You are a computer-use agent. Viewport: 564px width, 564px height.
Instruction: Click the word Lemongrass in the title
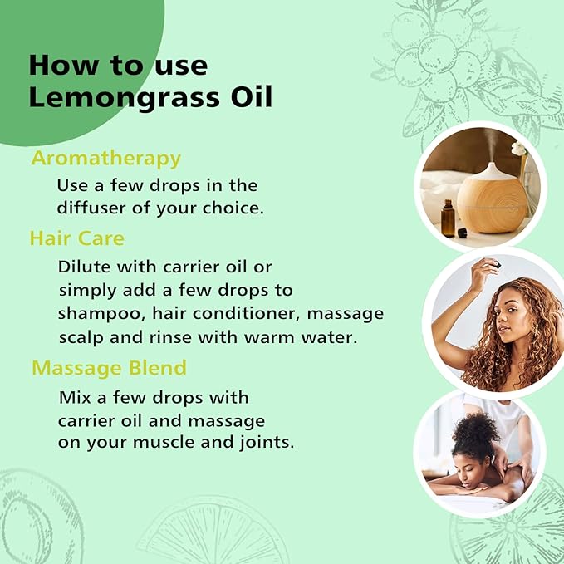[125, 97]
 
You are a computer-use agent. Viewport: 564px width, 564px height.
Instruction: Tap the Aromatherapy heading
[105, 158]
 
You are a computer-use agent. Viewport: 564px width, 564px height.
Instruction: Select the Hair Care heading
[76, 238]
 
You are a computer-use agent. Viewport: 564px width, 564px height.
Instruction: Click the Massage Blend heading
[109, 367]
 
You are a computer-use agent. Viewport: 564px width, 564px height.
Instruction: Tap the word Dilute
[83, 267]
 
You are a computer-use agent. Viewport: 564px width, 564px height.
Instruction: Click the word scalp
[81, 338]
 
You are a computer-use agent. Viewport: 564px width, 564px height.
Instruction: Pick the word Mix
[73, 397]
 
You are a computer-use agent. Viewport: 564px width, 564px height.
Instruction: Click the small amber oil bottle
[448, 218]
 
